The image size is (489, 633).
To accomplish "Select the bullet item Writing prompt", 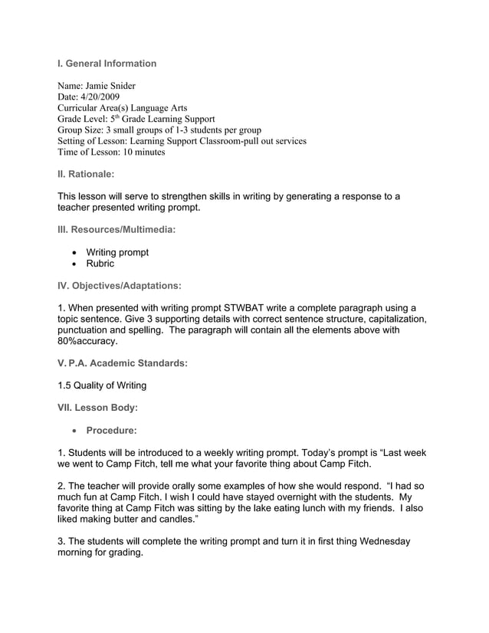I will coord(117,252).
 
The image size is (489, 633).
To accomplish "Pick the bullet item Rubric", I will coord(100,264).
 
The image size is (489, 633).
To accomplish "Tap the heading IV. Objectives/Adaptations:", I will coord(120,286).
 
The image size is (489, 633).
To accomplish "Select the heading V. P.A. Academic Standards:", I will coord(123,364).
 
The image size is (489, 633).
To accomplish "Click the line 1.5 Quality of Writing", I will coord(102,385).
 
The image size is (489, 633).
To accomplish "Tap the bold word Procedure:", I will coord(112,431).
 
